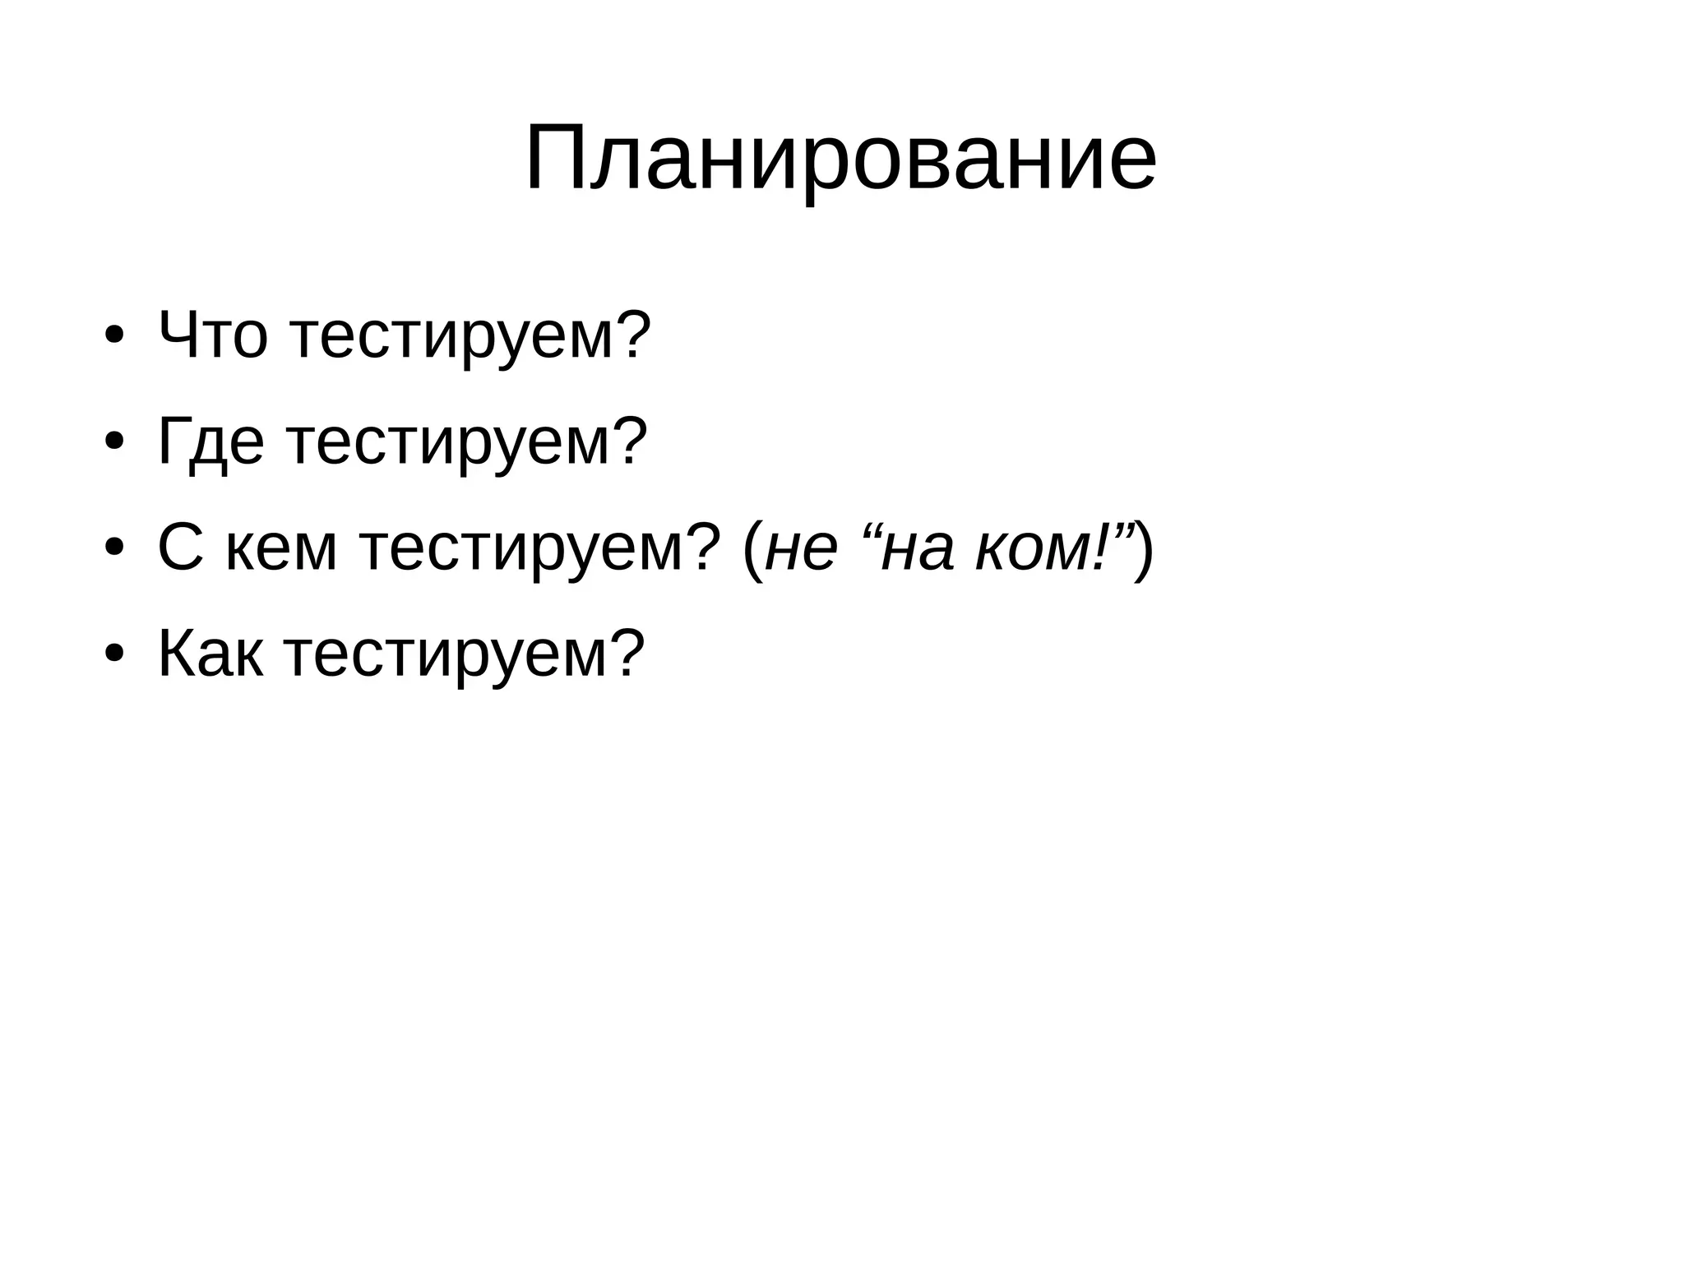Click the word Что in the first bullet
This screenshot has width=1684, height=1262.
point(212,335)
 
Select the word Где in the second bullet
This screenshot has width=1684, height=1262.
point(210,442)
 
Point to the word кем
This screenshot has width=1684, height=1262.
point(281,549)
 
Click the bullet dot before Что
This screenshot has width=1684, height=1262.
point(114,337)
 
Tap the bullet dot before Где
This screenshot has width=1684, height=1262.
point(114,443)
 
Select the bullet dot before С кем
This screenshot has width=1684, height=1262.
point(114,549)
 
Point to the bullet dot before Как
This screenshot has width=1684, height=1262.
point(114,655)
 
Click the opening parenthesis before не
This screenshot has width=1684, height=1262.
point(751,549)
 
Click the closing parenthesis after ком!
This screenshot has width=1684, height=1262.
point(1144,549)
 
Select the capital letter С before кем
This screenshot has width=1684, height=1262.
point(180,549)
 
